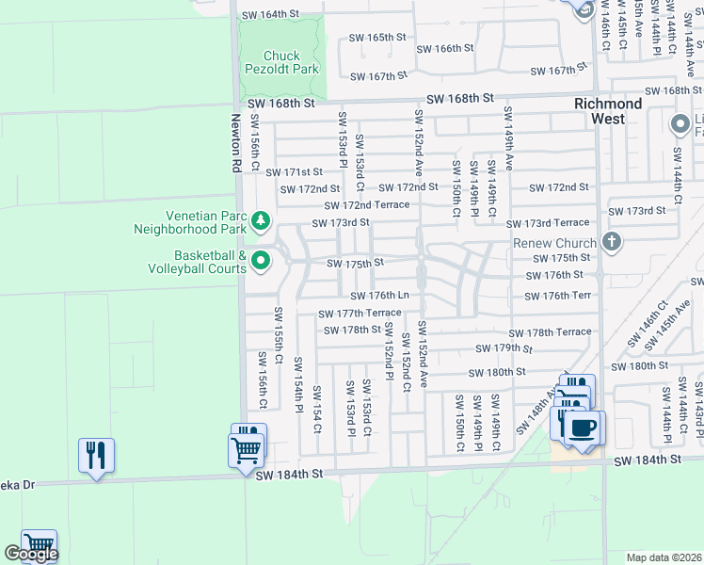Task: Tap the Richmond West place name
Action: coord(609,111)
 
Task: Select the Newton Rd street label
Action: coord(235,143)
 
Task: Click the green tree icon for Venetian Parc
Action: coord(261,222)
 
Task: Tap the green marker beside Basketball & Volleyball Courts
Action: coord(261,261)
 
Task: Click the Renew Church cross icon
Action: coord(612,242)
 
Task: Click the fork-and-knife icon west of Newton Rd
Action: coord(96,456)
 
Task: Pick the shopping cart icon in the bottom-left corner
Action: coord(39,545)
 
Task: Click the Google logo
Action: coord(31,554)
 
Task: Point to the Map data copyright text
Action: coord(663,557)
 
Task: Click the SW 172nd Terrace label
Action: coord(367,205)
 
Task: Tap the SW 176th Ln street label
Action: coord(380,297)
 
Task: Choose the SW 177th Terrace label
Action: coord(360,314)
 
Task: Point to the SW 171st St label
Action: coord(294,172)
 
